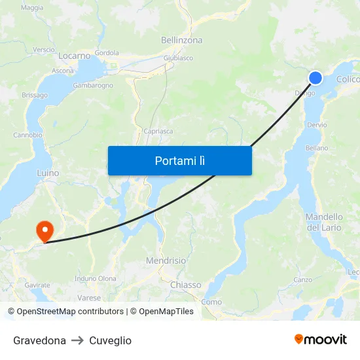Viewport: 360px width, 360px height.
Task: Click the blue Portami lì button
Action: pos(179,160)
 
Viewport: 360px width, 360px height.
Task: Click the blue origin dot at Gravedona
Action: pos(315,78)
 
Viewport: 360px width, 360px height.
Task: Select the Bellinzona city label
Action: pos(181,40)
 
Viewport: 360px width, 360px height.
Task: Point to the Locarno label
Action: pos(74,56)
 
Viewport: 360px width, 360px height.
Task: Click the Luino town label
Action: pos(48,173)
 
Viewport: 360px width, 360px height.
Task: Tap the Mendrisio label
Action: pos(166,261)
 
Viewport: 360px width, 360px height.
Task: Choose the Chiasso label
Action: pos(185,285)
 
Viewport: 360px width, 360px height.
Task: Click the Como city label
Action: pos(211,302)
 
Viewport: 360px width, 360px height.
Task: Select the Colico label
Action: pos(348,80)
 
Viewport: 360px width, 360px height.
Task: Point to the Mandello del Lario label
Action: pos(324,222)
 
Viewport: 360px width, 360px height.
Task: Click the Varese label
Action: pos(89,297)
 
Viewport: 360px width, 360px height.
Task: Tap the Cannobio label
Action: pos(27,135)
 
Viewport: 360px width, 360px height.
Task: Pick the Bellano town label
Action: pos(317,148)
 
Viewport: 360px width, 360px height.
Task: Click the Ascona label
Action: pos(63,71)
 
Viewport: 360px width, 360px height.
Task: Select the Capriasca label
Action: pos(158,131)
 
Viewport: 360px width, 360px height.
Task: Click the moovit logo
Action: pos(320,340)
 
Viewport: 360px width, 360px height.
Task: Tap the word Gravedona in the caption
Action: pos(39,340)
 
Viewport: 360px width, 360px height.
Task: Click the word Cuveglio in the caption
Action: pos(110,340)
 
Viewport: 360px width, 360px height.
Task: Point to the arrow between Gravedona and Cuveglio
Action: pos(77,340)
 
